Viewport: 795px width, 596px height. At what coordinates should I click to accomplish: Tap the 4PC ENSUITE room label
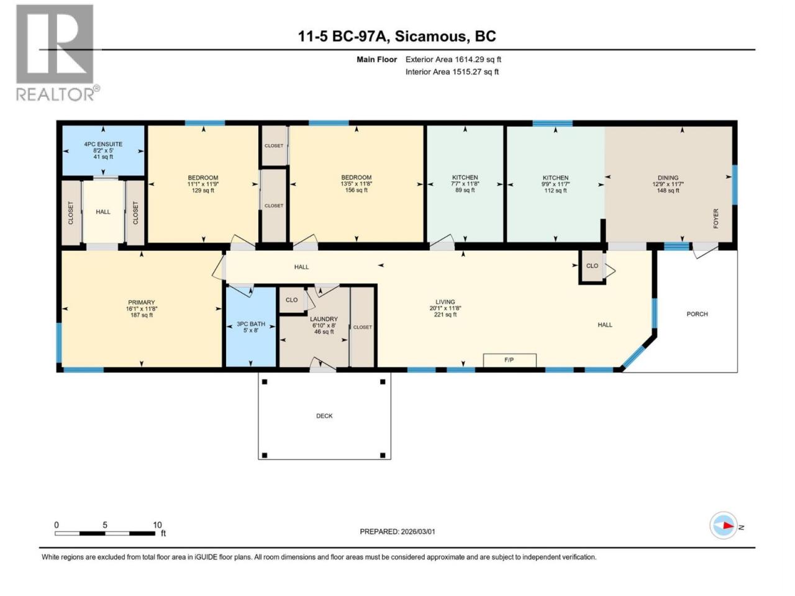point(103,144)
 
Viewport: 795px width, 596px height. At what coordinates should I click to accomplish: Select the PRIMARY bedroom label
point(141,302)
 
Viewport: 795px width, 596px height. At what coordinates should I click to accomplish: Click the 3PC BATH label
point(251,324)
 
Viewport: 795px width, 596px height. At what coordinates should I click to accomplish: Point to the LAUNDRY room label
point(324,319)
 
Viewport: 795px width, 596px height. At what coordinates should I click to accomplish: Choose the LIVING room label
point(445,302)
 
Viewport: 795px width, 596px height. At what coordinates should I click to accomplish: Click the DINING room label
point(668,178)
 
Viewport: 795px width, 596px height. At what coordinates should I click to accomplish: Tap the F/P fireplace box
point(509,360)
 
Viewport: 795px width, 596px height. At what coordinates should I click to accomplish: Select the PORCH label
point(697,314)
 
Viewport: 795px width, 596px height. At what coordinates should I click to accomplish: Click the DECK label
point(324,416)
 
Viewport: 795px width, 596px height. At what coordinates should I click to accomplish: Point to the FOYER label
point(715,219)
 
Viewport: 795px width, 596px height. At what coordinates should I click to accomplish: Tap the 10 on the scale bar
point(157,525)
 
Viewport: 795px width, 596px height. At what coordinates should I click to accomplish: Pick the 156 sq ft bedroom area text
point(356,190)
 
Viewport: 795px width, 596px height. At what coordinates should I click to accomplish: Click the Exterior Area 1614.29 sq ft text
point(453,60)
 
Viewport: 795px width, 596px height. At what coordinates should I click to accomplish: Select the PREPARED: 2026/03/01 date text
point(397,531)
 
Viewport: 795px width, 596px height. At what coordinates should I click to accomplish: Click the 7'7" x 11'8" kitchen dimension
point(465,184)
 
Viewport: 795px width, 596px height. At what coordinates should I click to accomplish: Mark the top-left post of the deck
point(265,382)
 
